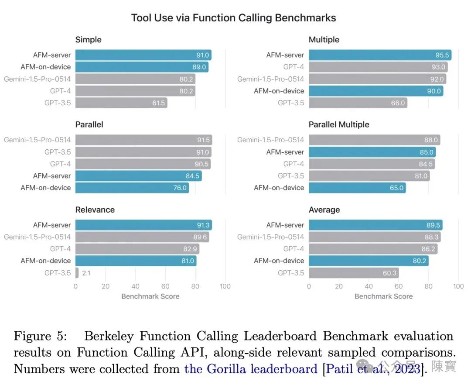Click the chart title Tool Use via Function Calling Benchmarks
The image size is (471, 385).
[x=234, y=18]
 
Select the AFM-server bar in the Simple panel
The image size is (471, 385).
[x=143, y=55]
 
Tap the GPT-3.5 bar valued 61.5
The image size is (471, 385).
[x=121, y=103]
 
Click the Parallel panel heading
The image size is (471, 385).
[x=89, y=124]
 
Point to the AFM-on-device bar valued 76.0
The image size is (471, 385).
[x=132, y=188]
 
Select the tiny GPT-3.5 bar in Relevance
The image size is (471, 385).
[x=77, y=273]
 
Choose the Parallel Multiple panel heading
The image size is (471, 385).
[x=339, y=124]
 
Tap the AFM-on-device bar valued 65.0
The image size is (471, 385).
[x=357, y=188]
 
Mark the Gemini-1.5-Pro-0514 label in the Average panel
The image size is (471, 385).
[x=270, y=237]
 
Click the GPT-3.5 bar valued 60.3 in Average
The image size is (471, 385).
[x=354, y=273]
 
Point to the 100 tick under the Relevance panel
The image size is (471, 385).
[x=225, y=286]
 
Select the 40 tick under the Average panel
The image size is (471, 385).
[x=369, y=286]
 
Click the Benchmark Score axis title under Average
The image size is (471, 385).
[x=383, y=296]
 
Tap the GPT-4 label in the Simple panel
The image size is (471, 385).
[x=60, y=91]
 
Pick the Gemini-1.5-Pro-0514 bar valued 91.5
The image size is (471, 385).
[x=143, y=140]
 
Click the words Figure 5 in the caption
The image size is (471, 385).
[x=38, y=336]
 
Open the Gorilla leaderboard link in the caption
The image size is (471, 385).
[x=251, y=369]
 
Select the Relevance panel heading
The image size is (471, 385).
[x=95, y=210]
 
